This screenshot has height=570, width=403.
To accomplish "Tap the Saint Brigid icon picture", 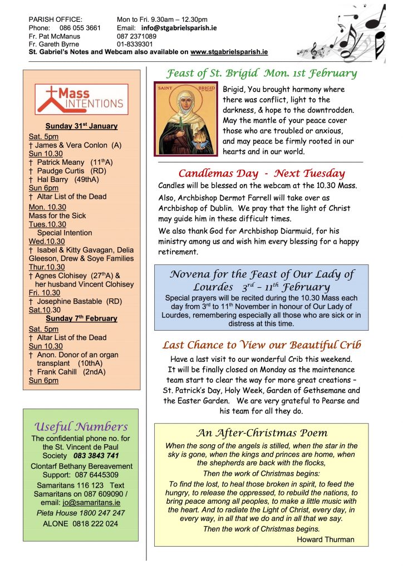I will coord(186,119).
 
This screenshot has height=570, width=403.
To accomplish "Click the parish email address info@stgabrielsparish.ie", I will coord(179,27).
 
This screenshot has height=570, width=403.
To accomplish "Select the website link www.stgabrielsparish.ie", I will coord(229,51).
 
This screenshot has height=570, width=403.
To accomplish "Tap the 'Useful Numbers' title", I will coord(81,426).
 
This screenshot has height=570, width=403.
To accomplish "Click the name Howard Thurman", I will coord(325,539).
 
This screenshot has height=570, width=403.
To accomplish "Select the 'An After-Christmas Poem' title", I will coord(262,433).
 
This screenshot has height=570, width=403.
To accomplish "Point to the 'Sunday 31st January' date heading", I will coord(81,126).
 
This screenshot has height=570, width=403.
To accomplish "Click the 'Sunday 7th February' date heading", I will coord(81,318).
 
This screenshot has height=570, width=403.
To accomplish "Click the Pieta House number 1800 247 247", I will coord(104,513).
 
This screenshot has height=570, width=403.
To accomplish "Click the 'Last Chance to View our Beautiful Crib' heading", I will coord(262,345).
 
